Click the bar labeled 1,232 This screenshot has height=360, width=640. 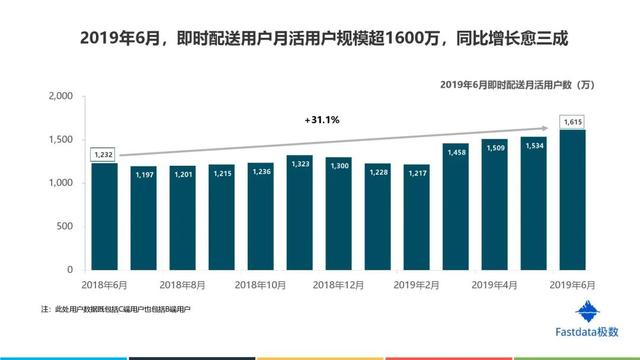(104, 216)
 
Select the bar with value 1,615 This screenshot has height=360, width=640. (573, 200)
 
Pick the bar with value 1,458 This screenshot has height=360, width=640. (456, 206)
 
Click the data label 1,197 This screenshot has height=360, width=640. (143, 173)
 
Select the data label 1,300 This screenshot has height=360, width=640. (338, 164)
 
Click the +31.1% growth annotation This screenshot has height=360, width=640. (322, 120)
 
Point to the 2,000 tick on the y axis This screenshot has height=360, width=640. (60, 96)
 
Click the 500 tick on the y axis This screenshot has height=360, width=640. (64, 227)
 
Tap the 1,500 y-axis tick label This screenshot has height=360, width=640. (60, 140)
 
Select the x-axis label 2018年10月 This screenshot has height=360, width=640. (260, 285)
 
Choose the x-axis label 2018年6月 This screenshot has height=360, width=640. (104, 285)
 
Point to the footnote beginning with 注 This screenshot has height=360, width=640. (115, 310)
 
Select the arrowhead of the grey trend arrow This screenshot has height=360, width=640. (552, 128)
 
